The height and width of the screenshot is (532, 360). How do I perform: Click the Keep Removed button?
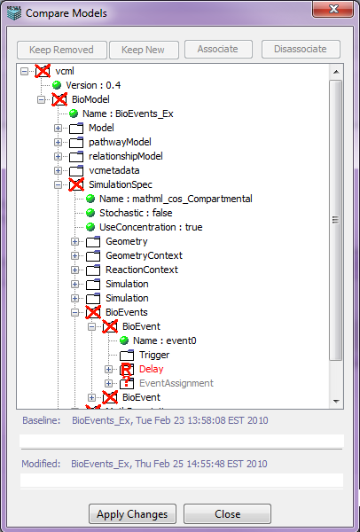coord(62,50)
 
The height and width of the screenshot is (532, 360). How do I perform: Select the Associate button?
coord(218,49)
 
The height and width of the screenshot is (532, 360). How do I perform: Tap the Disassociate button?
coord(301,49)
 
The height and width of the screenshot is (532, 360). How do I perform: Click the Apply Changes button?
coord(132,513)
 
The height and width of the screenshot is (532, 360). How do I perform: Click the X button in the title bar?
coord(333,9)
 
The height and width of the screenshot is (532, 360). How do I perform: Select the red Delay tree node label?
coord(152,369)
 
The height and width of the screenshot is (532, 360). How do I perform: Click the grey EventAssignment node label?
coord(176,383)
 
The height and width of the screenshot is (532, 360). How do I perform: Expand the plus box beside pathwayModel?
coord(58,142)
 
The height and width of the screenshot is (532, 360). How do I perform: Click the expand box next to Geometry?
coord(74,241)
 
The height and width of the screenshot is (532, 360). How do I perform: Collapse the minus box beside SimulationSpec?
coord(58,185)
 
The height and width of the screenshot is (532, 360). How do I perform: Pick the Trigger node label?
coord(154,355)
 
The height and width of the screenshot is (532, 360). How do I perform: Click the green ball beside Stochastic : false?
coord(90,213)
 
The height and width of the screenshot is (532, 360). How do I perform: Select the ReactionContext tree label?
coord(142,270)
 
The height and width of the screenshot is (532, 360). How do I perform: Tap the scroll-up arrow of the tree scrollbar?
coord(336,72)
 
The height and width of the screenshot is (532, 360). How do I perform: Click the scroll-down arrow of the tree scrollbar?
coord(336,401)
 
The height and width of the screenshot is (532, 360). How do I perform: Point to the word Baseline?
coord(42,420)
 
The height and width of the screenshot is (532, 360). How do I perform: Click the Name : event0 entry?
coord(165,340)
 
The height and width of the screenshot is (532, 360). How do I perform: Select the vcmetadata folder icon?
coord(76,170)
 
